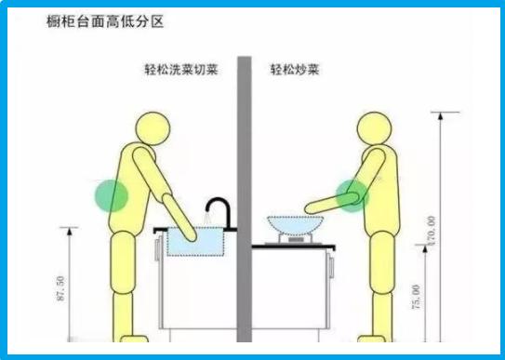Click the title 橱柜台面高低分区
pos(105,22)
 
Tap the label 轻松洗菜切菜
pos(181,69)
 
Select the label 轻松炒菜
pos(295,69)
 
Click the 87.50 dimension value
pos(60,288)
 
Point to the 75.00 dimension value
pos(416,297)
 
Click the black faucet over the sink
pos(221,213)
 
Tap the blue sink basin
pos(195,242)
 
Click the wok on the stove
pos(296,225)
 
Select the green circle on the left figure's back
pos(111,195)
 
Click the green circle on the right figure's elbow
pos(352,195)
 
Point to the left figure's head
pos(153,128)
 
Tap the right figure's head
pos(374,128)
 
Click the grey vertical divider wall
pos(245,199)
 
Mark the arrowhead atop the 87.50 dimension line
pos(70,232)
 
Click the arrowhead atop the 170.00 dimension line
pos(441,116)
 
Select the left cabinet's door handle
pos(157,248)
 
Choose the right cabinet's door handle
pos(331,265)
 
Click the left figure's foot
pos(134,339)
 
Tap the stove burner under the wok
pos(295,239)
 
